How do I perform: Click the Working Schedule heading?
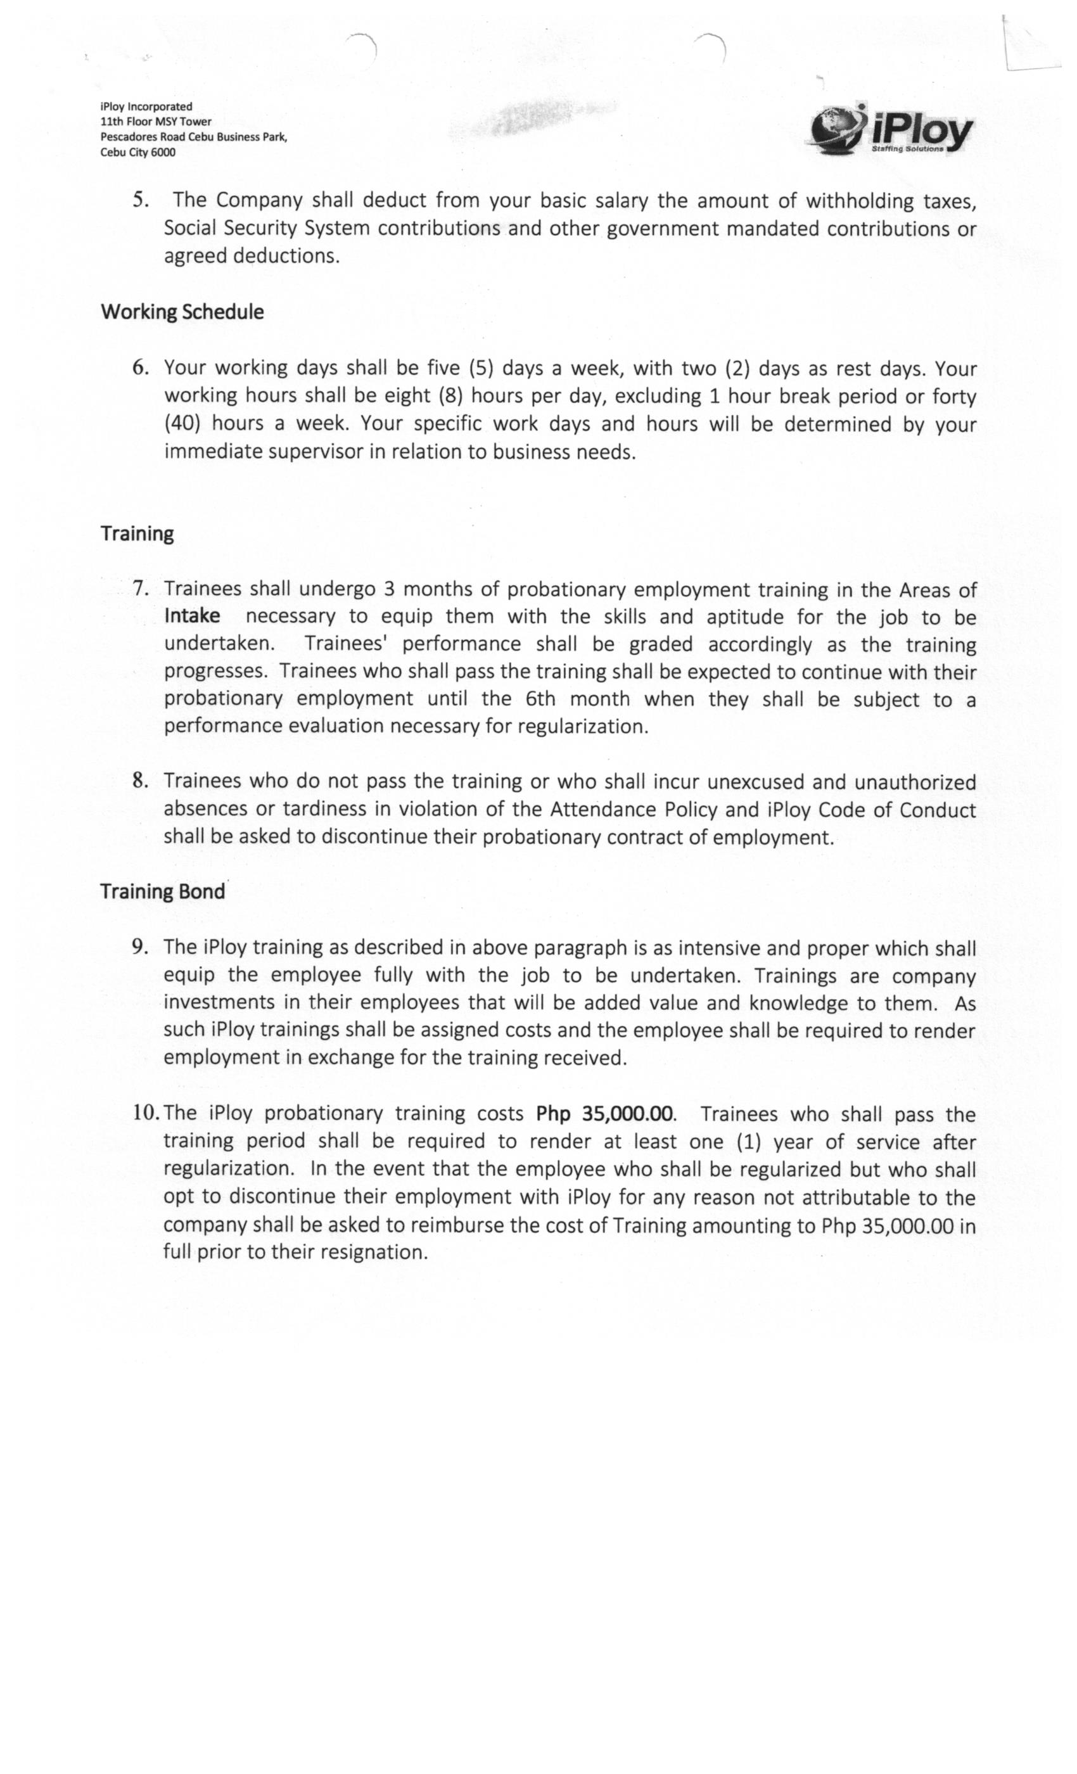tap(182, 312)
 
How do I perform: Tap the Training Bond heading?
tap(163, 891)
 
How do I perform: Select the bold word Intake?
tap(192, 616)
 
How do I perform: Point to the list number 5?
tap(141, 200)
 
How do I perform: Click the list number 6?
tap(141, 367)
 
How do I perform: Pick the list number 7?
tap(141, 588)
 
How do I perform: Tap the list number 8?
tap(141, 781)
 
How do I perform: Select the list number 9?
tap(141, 947)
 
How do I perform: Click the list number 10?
tap(147, 1113)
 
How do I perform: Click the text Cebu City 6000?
tap(137, 152)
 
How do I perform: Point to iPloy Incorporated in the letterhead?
tap(146, 106)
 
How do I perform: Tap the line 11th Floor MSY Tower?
tap(155, 122)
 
